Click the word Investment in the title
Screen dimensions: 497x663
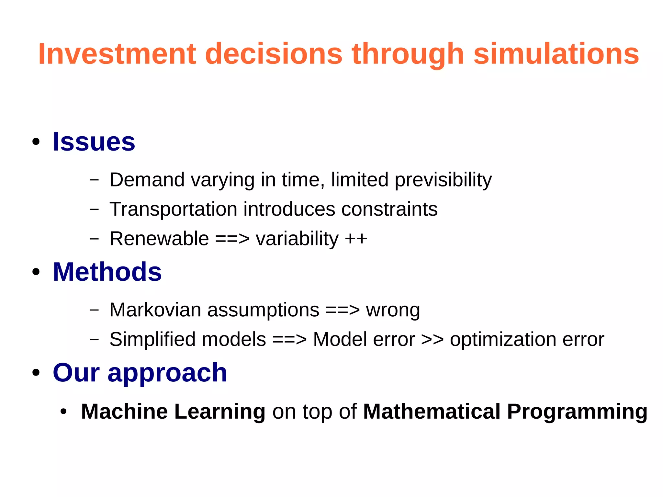tap(117, 54)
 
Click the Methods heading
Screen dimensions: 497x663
tap(107, 272)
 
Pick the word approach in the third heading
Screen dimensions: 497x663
tap(167, 373)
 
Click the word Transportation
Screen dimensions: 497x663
tap(173, 209)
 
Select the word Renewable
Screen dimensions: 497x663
tap(159, 239)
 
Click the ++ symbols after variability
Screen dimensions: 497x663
tap(356, 239)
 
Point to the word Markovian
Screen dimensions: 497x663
tap(155, 310)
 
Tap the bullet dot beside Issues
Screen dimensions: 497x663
tap(36, 142)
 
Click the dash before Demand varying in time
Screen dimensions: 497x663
tap(94, 180)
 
